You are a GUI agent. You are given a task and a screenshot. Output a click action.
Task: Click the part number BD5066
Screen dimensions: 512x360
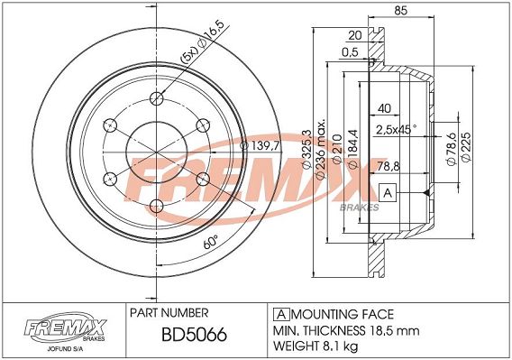pos(194,335)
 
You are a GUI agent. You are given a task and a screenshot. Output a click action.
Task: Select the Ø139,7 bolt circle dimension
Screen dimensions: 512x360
pos(261,146)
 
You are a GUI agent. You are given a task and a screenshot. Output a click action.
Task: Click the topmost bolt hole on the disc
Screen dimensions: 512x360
pos(157,97)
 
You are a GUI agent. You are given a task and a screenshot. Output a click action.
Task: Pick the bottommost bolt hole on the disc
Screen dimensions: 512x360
pos(157,206)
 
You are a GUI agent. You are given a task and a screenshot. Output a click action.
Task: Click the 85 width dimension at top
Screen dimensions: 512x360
pos(400,11)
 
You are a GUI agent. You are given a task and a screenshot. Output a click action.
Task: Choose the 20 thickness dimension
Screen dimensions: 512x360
pos(355,35)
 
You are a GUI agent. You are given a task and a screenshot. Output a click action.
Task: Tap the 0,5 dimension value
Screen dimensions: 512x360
pos(350,52)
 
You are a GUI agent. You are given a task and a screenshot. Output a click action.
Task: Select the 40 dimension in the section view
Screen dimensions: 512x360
pos(384,108)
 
